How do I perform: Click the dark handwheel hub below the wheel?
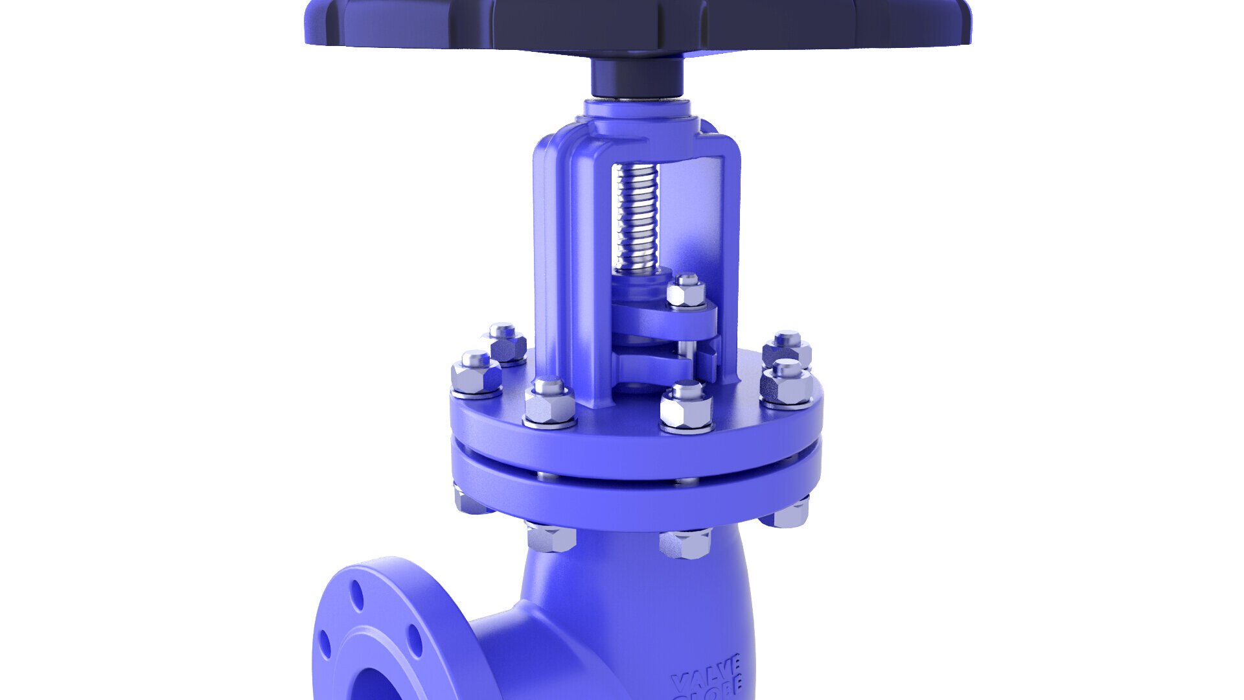[637, 77]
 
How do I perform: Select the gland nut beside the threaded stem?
[686, 291]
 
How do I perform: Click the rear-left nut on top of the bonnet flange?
[505, 343]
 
